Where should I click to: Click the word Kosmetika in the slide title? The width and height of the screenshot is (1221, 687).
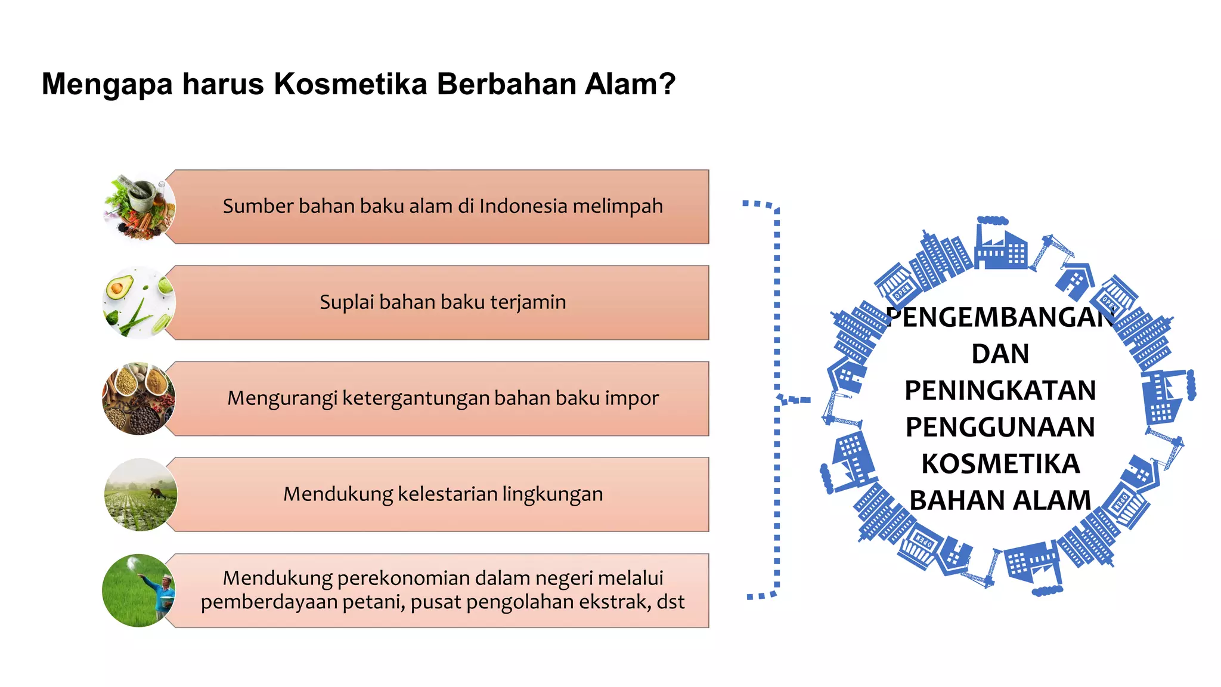coord(350,84)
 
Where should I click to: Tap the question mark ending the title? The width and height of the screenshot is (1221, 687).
coord(668,84)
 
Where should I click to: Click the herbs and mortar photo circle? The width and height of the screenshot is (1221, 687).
coord(140,207)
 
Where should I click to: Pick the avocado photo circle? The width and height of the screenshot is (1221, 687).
coord(140,303)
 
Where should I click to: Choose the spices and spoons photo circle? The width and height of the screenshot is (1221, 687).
coord(140,398)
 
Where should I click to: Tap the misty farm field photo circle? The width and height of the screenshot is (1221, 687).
coord(141,494)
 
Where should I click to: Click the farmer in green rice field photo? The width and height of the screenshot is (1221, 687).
coord(139,590)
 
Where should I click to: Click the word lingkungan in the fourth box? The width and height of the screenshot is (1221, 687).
coord(552,494)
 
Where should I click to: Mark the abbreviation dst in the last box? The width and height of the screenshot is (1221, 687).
coord(670,602)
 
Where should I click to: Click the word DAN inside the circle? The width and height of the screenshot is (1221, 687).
coord(1000,354)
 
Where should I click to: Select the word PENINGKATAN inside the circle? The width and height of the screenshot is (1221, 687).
coord(1000,391)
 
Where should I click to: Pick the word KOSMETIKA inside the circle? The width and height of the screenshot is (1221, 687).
coord(1000,464)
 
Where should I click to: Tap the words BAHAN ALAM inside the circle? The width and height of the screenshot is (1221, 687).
coord(1000,500)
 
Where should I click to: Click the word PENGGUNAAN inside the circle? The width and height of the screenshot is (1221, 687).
coord(1000,427)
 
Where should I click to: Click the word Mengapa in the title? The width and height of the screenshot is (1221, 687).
coord(107,84)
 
